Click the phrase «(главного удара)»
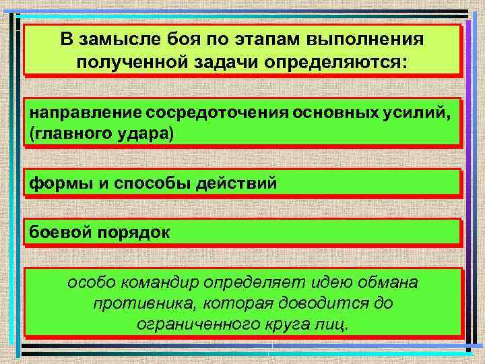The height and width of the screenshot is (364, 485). click(x=100, y=134)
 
